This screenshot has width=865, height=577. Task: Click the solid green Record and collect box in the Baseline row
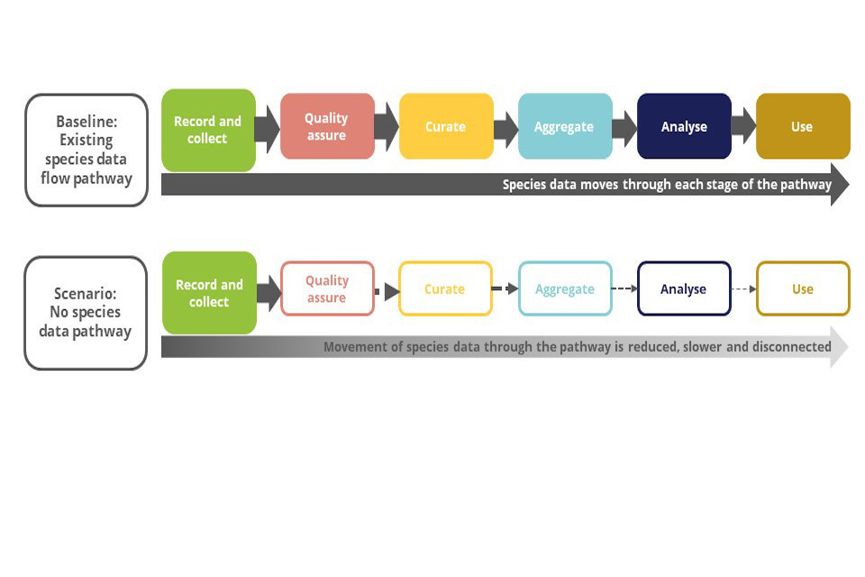(x=208, y=130)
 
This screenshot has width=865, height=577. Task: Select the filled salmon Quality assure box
(x=326, y=126)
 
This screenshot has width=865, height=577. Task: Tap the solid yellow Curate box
(x=446, y=126)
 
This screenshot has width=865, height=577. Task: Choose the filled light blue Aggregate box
(x=565, y=126)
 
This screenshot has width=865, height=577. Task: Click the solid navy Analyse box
(x=684, y=126)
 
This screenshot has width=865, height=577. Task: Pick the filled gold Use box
(x=802, y=126)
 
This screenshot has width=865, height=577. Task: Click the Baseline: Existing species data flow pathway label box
(x=86, y=150)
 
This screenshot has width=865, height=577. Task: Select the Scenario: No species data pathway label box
(x=86, y=313)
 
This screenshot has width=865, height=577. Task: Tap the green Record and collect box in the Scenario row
(x=209, y=293)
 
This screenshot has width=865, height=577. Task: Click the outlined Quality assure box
(x=327, y=288)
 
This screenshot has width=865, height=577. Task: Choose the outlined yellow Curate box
(x=445, y=288)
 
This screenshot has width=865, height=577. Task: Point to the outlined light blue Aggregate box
(x=565, y=288)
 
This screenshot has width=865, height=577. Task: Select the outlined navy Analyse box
(x=684, y=288)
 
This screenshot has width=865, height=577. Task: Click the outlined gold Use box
(x=802, y=288)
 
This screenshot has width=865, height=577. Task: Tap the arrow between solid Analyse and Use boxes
(x=743, y=126)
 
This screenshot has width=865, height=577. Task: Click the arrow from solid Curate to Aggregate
(x=505, y=128)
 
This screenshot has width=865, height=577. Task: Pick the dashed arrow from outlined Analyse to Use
(x=743, y=288)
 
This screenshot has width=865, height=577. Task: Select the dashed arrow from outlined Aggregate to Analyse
(x=624, y=288)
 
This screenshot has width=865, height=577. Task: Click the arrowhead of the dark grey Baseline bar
(x=839, y=185)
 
